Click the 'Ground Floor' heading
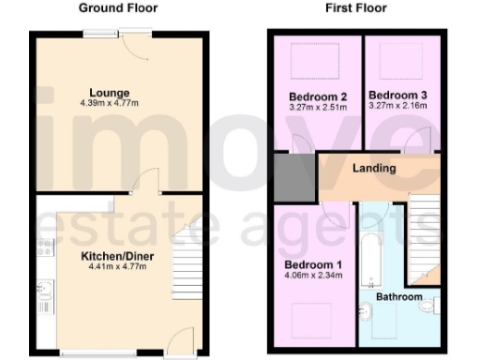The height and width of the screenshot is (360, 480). pos(117,8)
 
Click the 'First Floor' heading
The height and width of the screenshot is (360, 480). pos(356,8)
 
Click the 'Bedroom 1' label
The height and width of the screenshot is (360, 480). pos(314,263)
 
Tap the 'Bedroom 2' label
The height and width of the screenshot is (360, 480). pos(314,97)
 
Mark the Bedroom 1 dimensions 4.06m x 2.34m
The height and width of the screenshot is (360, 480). pos(314,276)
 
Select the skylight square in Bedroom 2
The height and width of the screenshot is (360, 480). pos(306,63)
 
